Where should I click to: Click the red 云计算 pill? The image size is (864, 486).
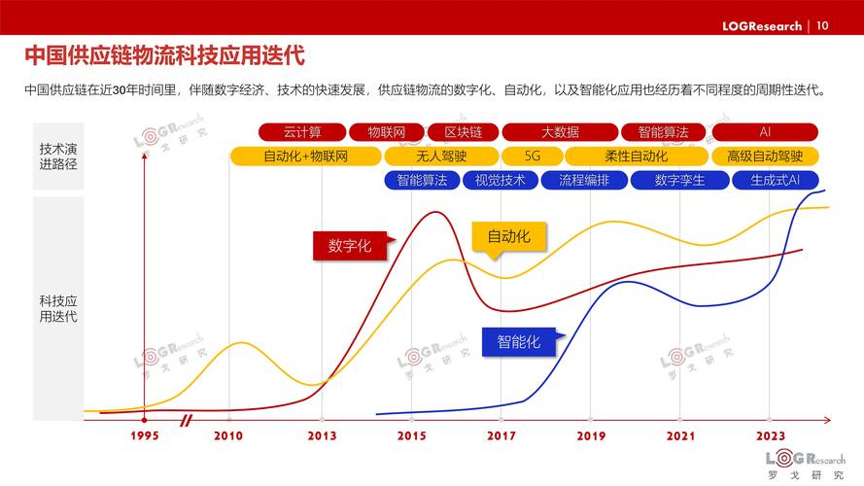click(x=301, y=132)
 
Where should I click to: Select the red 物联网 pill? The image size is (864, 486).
click(x=386, y=132)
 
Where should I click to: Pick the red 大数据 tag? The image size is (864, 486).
click(x=560, y=132)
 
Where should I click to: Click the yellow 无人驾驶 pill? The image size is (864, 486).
click(x=441, y=156)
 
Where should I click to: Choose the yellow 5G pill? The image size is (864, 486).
click(x=532, y=156)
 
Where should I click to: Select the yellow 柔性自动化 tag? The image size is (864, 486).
click(x=636, y=156)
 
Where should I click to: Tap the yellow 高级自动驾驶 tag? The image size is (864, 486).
click(x=765, y=156)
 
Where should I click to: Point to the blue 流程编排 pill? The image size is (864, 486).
click(x=583, y=180)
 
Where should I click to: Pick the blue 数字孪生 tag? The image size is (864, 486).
click(x=679, y=180)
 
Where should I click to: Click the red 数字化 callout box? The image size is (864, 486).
click(x=350, y=246)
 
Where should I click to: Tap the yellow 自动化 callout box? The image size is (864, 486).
click(x=508, y=236)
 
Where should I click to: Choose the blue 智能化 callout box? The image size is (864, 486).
click(x=519, y=341)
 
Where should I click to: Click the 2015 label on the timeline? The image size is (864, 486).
click(x=411, y=436)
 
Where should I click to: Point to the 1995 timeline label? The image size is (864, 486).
click(x=144, y=436)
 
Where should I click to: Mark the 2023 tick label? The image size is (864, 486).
click(x=770, y=436)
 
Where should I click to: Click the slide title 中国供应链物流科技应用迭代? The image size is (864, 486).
click(x=164, y=53)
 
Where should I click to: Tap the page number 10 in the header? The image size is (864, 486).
click(x=822, y=26)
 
